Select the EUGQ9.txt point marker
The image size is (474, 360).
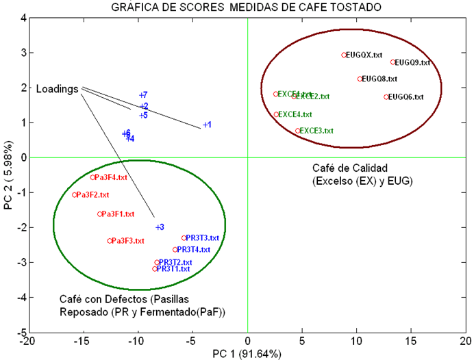(392, 62)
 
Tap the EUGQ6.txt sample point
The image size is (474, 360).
(386, 97)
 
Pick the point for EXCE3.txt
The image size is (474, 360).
(297, 131)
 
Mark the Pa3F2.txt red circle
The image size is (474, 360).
(75, 195)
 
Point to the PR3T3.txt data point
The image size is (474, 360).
(184, 238)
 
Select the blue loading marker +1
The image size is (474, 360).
(205, 125)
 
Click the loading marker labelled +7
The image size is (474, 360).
(141, 94)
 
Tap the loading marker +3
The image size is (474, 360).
(156, 227)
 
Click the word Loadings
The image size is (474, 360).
(57, 89)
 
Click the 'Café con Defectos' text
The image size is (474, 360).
(105, 299)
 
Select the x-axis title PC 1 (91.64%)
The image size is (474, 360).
(247, 353)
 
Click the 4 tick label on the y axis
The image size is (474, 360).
(20, 18)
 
